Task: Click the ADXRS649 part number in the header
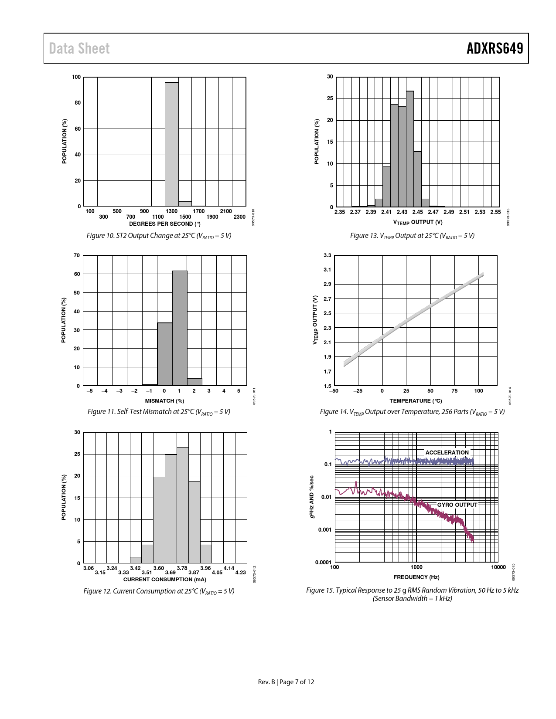point(495,48)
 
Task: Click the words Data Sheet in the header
point(79,48)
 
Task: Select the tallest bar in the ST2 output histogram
point(171,144)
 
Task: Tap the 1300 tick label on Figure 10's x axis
point(171,211)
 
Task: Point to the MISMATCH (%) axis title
point(164,401)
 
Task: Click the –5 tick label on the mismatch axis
point(89,391)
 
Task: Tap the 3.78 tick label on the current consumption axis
point(182,568)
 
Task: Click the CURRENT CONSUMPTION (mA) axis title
point(164,580)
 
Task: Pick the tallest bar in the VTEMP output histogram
point(410,149)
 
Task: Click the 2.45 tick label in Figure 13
point(417,212)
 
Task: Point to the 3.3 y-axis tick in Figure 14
point(327,255)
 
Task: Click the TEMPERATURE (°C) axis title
point(415,401)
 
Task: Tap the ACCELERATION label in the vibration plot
point(447,453)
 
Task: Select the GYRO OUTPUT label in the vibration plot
point(457,505)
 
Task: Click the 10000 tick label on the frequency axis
point(498,567)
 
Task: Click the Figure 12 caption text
point(159,591)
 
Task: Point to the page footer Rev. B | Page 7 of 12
point(286,682)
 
